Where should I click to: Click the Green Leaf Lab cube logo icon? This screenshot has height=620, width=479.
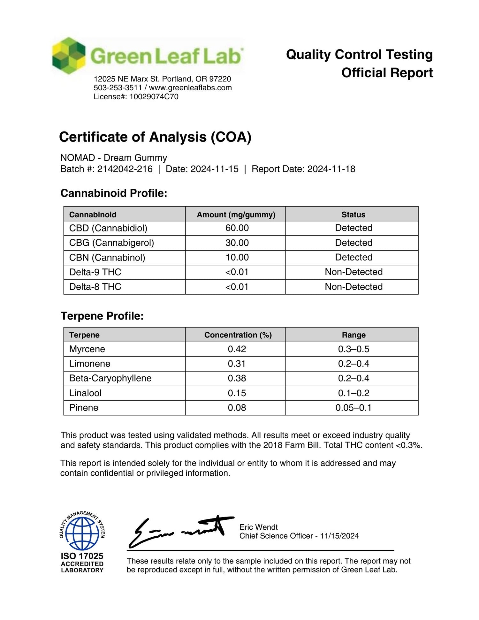coord(69,56)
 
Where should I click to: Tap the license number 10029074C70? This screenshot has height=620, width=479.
coord(154,97)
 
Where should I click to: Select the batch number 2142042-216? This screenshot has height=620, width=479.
coord(125,169)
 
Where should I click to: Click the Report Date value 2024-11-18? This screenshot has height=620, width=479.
coord(331,169)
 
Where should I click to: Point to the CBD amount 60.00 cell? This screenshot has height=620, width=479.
coord(237,228)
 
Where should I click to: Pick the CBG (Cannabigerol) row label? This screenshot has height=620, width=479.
coord(111,243)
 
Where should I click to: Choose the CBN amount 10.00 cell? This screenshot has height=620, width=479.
coord(237,257)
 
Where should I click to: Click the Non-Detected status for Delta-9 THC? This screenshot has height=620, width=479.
coord(354,272)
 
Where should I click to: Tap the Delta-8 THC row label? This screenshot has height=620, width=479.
coord(95,287)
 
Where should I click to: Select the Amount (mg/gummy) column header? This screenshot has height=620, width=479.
coord(236,215)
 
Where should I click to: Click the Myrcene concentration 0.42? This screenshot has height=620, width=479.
coord(237,349)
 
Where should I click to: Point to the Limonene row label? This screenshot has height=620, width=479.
coord(90,364)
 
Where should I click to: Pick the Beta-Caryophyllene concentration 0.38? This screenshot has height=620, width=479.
coord(237,378)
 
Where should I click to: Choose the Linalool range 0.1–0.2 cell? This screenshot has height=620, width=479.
coord(354,393)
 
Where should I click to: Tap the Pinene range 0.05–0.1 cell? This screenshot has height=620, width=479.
coord(354,408)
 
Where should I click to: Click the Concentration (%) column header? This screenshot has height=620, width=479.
coord(238,335)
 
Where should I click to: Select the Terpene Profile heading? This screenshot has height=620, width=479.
coord(102,316)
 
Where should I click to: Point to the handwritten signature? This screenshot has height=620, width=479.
coord(180,531)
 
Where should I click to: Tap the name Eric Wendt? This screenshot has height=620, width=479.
coord(258,527)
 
